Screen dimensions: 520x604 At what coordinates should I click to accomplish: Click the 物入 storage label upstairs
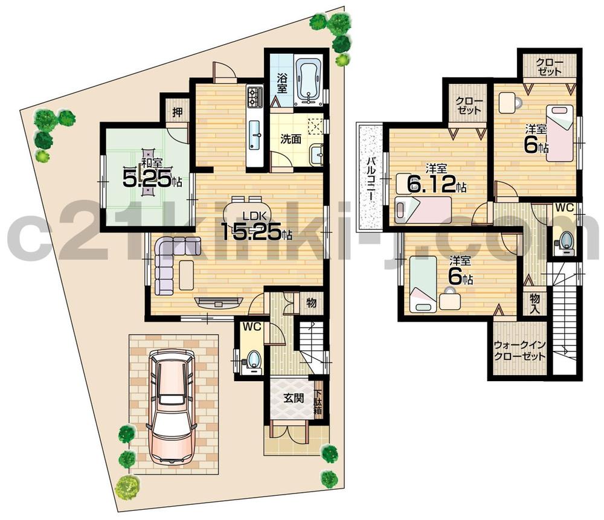(x=535, y=303)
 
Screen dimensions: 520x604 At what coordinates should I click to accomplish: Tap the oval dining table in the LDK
(x=244, y=213)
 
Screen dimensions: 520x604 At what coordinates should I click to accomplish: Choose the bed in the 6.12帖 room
(x=423, y=209)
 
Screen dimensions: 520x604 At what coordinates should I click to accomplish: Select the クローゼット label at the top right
(x=548, y=66)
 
